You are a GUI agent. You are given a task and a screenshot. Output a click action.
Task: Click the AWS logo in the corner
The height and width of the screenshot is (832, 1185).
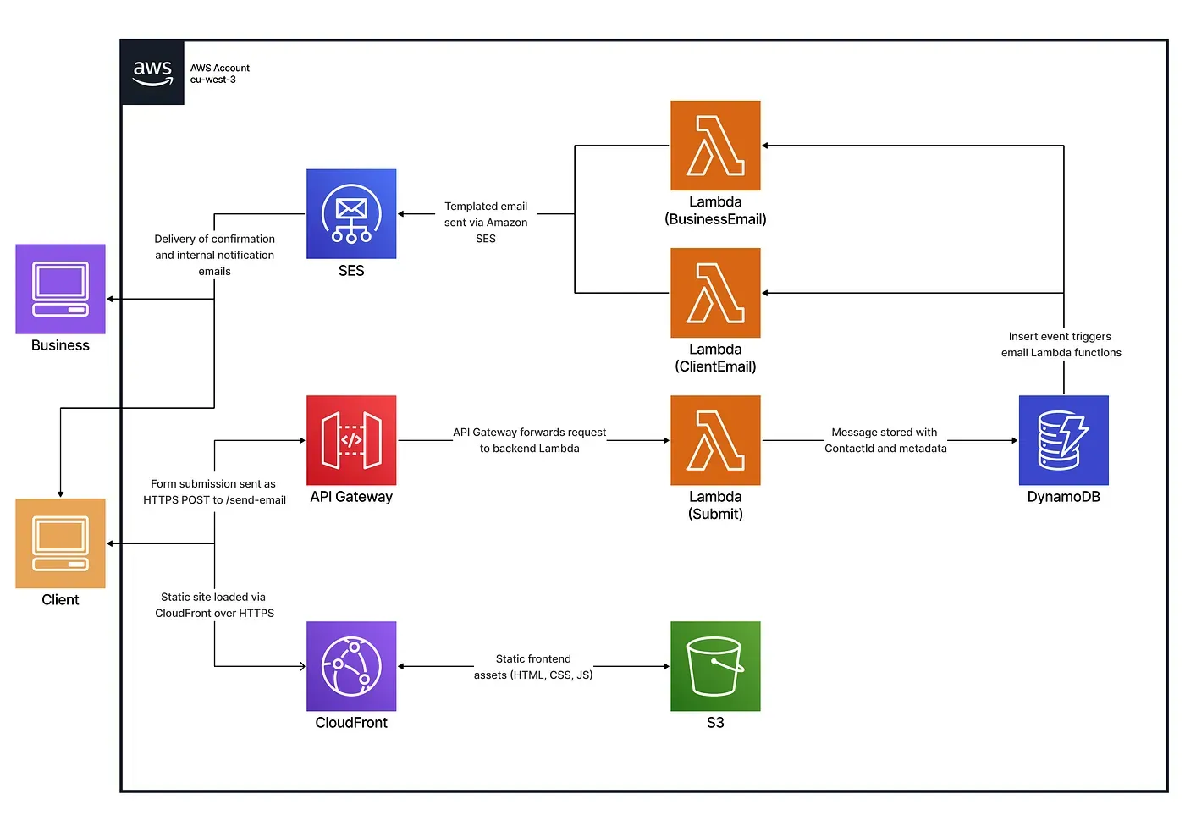tap(152, 73)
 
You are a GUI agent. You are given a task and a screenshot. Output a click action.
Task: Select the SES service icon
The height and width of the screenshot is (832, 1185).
tap(351, 214)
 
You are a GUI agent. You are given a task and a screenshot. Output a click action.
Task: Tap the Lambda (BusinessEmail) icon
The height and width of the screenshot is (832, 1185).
tap(715, 146)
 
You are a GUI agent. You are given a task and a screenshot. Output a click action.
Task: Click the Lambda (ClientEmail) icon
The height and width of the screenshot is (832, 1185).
tap(715, 293)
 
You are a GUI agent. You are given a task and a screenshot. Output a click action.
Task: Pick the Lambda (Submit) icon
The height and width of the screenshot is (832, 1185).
tap(715, 440)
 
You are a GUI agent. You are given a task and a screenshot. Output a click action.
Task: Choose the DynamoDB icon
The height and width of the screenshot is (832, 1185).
tap(1063, 440)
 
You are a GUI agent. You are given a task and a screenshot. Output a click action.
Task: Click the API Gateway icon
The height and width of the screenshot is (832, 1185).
tap(351, 440)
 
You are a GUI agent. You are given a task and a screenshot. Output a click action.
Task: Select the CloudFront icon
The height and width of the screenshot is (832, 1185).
tap(351, 666)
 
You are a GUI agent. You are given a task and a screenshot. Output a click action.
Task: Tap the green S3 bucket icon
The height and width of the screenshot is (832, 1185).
tap(715, 666)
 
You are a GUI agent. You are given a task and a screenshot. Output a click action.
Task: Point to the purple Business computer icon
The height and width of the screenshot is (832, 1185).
tap(60, 289)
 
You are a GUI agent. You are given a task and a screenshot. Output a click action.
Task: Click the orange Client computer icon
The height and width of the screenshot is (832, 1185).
tap(60, 543)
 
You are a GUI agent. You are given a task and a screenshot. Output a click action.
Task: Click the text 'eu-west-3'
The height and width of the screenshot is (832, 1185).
tap(212, 80)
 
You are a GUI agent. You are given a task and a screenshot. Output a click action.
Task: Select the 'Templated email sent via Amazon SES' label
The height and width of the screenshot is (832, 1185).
tap(486, 223)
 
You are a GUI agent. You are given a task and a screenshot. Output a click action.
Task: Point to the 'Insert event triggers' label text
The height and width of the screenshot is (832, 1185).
tap(1060, 337)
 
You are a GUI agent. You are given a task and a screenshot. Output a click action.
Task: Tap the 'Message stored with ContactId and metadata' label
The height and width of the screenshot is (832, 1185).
tap(885, 440)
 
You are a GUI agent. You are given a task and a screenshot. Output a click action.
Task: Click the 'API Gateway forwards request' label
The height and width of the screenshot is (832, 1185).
tap(529, 433)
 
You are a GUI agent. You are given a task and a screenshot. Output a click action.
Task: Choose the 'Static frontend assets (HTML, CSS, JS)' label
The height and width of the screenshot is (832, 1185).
tap(533, 667)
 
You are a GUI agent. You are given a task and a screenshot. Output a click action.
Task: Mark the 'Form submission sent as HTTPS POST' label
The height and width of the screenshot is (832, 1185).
tap(214, 492)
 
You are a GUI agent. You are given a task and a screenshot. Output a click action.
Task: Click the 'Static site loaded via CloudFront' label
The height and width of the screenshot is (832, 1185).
tap(214, 605)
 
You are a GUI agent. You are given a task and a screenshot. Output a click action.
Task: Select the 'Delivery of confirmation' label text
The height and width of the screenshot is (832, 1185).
tap(214, 240)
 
